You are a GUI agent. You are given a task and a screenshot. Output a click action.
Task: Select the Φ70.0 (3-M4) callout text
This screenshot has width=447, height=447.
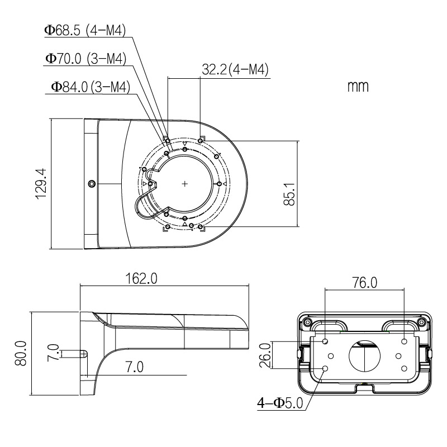(85, 58)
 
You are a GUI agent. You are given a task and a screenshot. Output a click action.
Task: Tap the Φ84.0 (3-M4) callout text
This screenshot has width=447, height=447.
(90, 87)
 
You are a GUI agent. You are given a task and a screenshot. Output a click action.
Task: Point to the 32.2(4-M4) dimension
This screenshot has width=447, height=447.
(235, 70)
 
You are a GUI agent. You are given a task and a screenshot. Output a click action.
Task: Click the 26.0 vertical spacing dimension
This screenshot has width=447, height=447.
(265, 355)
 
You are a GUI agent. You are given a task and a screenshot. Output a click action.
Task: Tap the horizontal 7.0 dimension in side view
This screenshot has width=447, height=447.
(134, 367)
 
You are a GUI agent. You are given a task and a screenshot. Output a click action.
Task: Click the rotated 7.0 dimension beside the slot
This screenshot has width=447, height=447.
(54, 353)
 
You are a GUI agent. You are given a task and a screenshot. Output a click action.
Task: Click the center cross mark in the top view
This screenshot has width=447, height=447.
(185, 183)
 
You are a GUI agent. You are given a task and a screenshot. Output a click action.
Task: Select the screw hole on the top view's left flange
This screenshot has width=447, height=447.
(92, 183)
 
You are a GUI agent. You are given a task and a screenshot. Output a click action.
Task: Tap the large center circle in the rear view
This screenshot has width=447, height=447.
(364, 355)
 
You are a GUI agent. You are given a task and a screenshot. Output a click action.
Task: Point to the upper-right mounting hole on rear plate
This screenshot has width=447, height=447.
(403, 340)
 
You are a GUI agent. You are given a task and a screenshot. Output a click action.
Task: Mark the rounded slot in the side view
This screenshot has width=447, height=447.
(74, 353)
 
